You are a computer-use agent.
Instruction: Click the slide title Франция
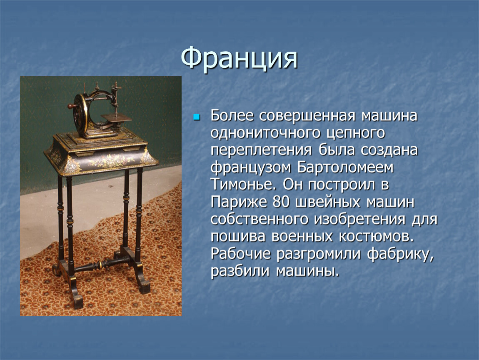tap(239, 58)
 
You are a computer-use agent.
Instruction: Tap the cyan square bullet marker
tap(197, 117)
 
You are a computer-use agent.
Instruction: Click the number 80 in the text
tap(281, 202)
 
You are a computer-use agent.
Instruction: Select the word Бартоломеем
tap(345, 167)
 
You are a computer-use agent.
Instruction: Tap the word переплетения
tap(261, 150)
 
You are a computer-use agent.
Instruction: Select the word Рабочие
tap(241, 254)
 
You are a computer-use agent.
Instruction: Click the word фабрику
tap(400, 254)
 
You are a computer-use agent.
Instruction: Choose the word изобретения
tap(360, 220)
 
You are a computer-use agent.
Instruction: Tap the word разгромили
tap(319, 254)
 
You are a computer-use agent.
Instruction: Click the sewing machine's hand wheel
tap(80, 115)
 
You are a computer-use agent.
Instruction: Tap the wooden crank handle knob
tap(71, 106)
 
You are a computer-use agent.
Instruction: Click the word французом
tap(251, 168)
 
